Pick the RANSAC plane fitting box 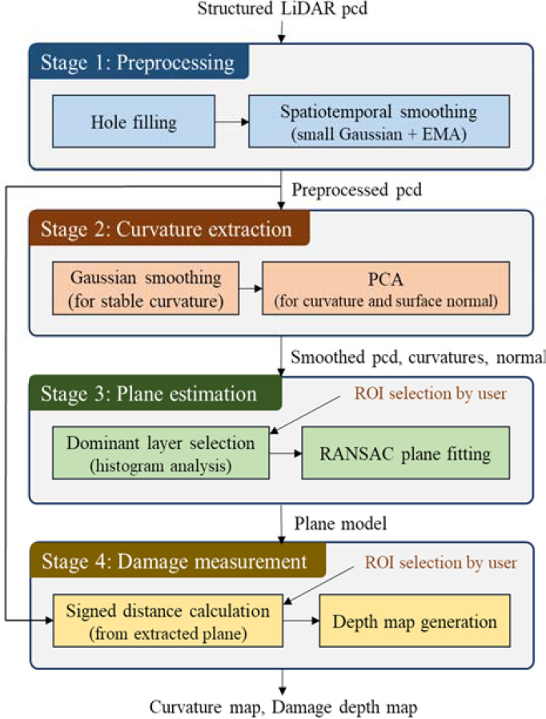tap(405, 453)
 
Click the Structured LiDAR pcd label tap(283, 11)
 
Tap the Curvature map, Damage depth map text tap(283, 705)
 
